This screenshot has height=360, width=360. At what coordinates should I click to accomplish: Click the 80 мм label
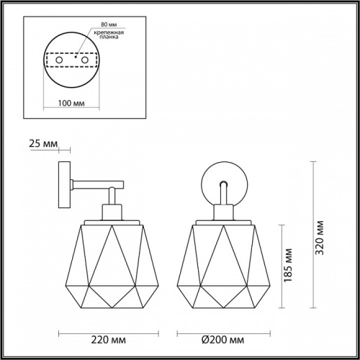point(109,24)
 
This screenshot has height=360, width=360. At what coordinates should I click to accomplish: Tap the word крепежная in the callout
point(109,32)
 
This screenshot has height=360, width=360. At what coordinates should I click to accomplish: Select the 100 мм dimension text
point(71,103)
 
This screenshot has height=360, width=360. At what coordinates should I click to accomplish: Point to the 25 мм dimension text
point(43,143)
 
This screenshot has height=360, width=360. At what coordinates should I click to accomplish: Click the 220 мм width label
point(108,340)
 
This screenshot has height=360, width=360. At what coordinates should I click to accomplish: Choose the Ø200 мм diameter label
point(222,340)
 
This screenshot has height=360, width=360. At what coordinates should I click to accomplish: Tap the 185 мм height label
point(288,265)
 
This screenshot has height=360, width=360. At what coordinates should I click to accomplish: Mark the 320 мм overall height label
point(320,238)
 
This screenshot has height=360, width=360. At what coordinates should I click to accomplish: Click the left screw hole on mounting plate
point(59,60)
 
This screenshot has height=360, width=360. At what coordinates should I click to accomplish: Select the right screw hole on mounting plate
point(85,60)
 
